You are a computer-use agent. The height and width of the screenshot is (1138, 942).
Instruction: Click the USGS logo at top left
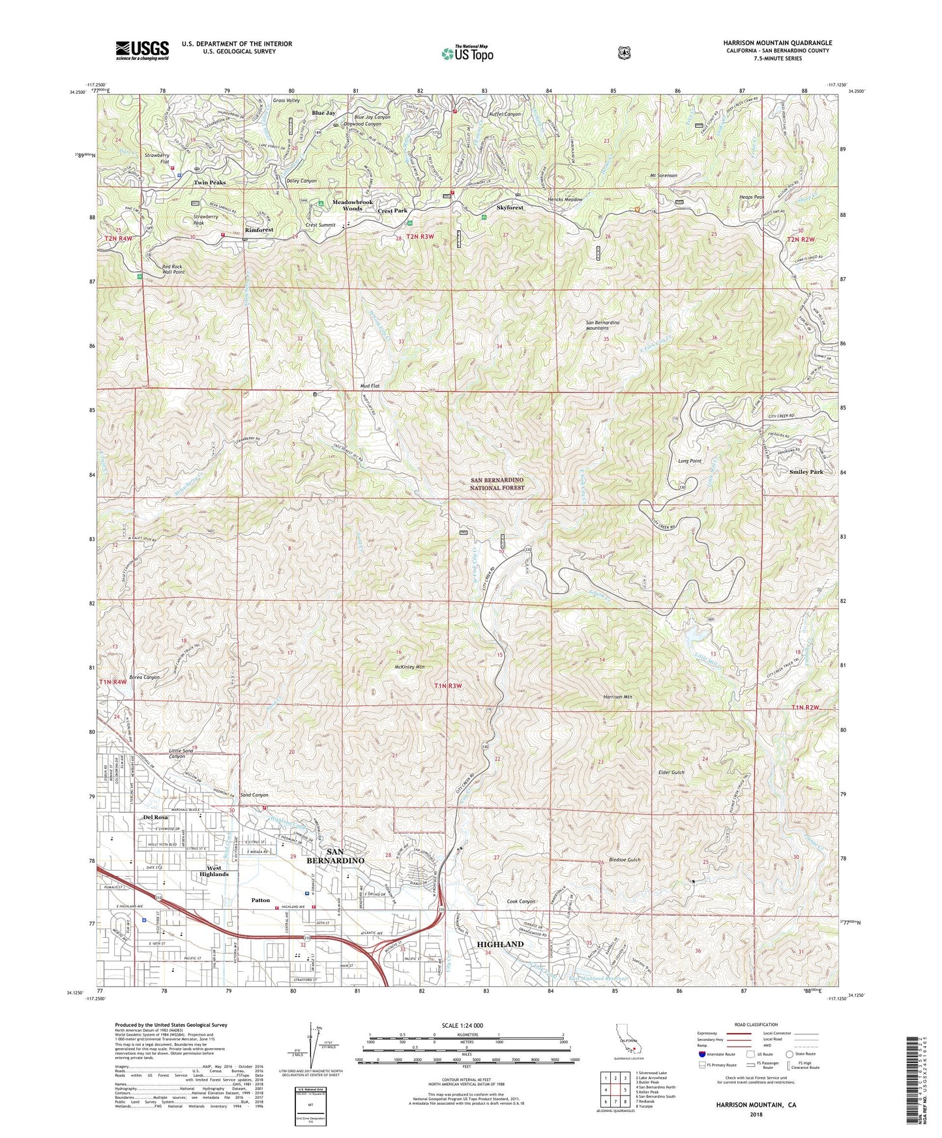click(x=142, y=50)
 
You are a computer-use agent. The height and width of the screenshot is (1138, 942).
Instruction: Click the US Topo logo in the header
click(x=466, y=53)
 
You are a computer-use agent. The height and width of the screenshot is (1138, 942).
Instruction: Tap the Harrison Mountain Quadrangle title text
click(x=777, y=43)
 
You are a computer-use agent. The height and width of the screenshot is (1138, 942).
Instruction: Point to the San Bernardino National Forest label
click(x=497, y=484)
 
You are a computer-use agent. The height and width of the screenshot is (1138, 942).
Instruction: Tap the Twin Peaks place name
click(x=209, y=182)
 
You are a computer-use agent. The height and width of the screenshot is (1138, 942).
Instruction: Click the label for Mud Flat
click(x=370, y=386)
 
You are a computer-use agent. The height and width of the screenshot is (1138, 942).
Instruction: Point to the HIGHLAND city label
click(x=500, y=944)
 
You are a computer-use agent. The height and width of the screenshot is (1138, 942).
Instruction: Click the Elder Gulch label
click(x=671, y=772)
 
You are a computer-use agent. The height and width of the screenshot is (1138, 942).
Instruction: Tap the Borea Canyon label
click(x=144, y=677)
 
